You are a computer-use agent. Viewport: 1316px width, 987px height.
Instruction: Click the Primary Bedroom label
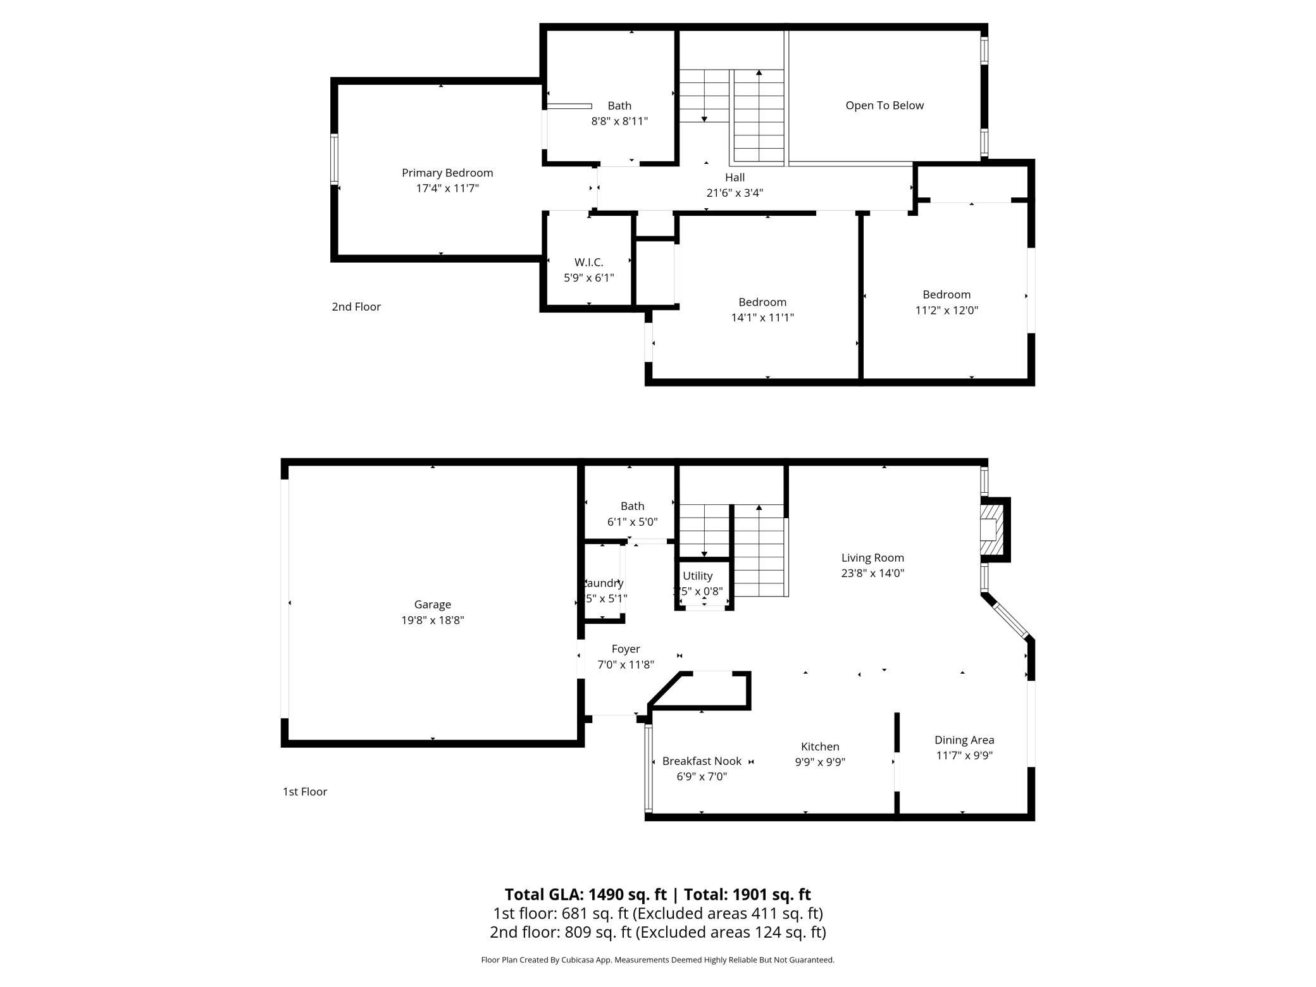click(x=447, y=173)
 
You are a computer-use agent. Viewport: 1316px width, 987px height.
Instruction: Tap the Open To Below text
click(x=885, y=106)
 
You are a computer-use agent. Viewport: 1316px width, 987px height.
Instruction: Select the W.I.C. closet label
click(x=588, y=262)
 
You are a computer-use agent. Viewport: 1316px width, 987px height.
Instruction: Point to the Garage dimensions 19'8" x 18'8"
click(x=433, y=620)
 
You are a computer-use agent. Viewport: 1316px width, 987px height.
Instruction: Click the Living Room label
click(x=872, y=557)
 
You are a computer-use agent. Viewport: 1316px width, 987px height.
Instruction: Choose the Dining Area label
click(x=964, y=740)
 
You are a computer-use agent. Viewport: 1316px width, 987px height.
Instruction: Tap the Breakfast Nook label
click(x=702, y=761)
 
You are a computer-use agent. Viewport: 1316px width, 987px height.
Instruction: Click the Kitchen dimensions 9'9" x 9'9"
click(x=820, y=762)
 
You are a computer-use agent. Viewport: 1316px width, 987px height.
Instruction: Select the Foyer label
click(x=626, y=649)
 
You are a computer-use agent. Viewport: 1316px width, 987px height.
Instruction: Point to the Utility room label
click(x=697, y=576)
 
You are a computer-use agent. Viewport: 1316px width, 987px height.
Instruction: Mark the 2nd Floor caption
click(x=356, y=307)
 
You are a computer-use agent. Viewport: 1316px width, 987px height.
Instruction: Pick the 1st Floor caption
click(x=305, y=791)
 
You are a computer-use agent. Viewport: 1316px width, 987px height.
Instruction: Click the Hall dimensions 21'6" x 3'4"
click(x=735, y=193)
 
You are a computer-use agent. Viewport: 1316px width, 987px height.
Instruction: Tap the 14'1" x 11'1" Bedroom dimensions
click(x=762, y=318)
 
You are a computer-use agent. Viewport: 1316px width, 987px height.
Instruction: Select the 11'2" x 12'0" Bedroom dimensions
click(x=947, y=310)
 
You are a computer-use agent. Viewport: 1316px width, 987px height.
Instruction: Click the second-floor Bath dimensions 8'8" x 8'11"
click(x=619, y=121)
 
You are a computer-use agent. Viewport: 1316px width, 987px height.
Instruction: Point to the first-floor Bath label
click(x=632, y=506)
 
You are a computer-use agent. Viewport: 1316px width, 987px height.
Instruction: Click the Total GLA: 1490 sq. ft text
click(x=585, y=894)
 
